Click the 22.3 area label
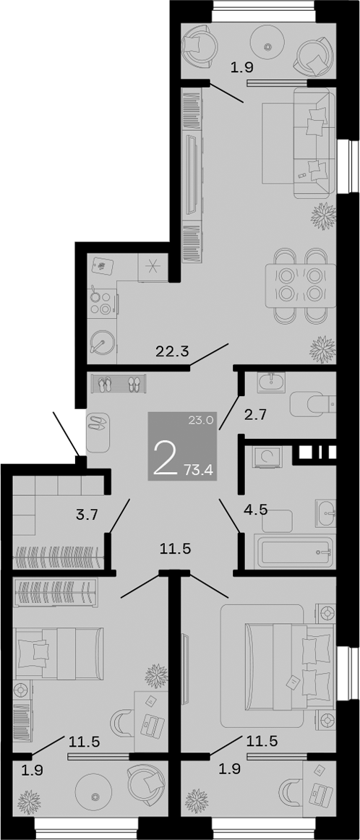click(x=172, y=353)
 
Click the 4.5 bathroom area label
click(x=255, y=509)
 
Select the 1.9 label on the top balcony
click(x=241, y=69)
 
